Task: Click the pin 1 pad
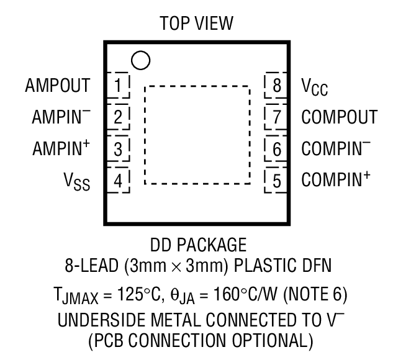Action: [119, 84]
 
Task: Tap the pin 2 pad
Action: [119, 117]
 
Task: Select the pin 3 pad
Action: [119, 148]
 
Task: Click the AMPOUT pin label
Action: [58, 85]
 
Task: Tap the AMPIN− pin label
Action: [61, 116]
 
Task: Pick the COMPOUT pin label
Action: [339, 117]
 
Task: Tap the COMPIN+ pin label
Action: [336, 179]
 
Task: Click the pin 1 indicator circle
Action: [141, 60]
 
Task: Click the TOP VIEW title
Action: [197, 24]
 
